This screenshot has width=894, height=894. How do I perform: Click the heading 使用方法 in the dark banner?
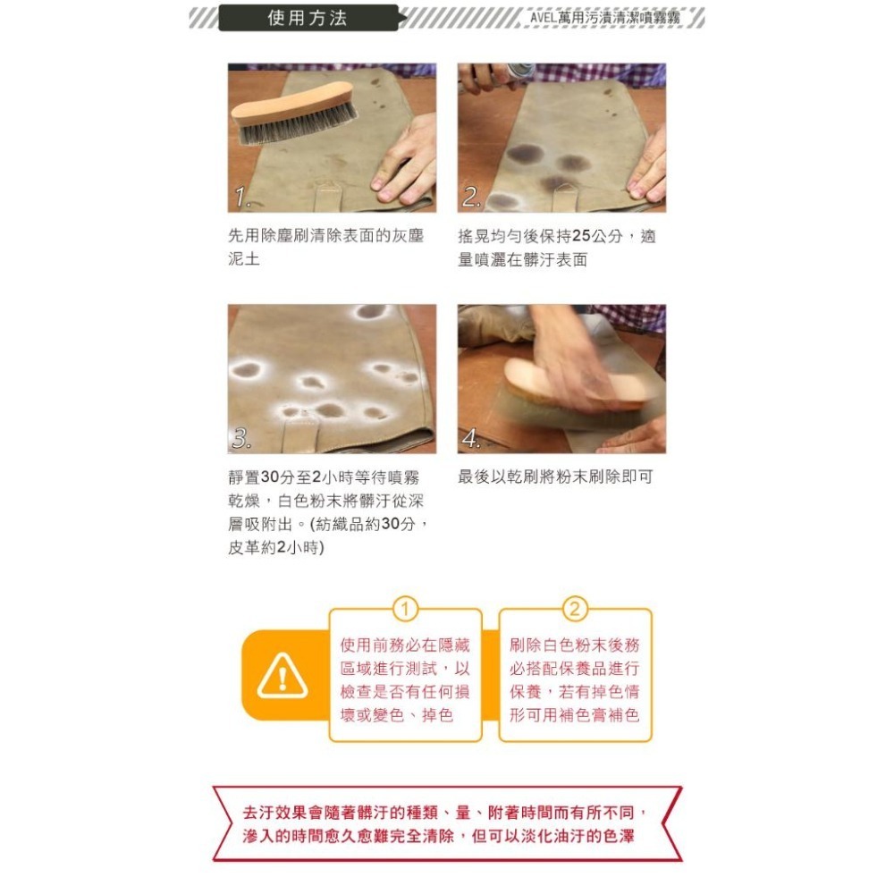point(308,18)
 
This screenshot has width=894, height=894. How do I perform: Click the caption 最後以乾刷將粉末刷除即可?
point(555,477)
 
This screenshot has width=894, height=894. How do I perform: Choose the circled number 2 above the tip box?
point(574,610)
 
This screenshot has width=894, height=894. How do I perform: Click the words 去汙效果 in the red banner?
point(273,814)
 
